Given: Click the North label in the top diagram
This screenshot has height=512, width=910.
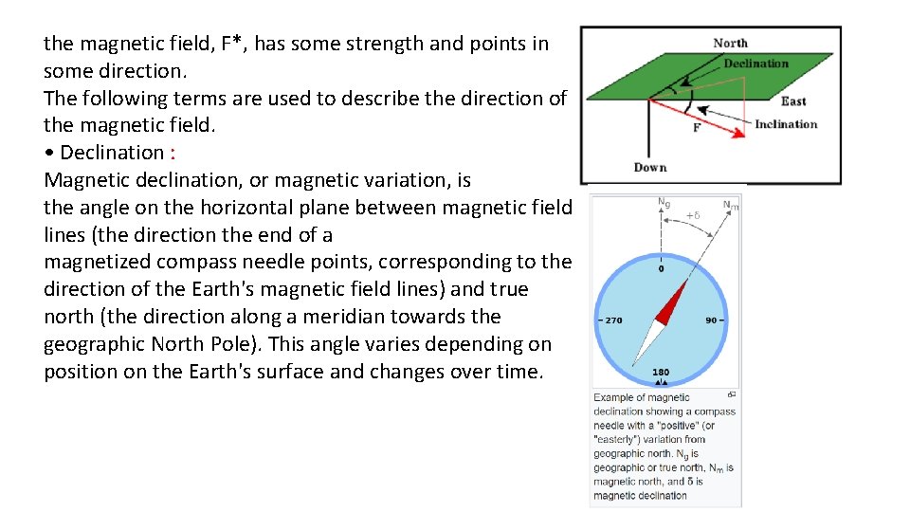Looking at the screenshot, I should [730, 43].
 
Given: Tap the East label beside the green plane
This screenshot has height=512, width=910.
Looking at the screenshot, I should [793, 101].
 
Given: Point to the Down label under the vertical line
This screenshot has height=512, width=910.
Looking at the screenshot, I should [650, 168].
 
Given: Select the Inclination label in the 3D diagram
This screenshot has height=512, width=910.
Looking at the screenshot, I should [786, 124].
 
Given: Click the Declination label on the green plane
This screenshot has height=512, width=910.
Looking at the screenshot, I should [755, 64].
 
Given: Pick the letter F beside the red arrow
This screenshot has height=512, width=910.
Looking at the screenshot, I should [697, 127].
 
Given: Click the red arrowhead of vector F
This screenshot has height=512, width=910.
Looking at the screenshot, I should [738, 133].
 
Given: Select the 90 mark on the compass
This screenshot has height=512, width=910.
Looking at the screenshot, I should [711, 320].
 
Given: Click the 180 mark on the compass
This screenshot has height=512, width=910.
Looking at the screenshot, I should [661, 372].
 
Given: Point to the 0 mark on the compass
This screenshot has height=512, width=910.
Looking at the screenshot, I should [661, 268].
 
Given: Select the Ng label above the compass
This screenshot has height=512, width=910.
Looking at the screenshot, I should [664, 202].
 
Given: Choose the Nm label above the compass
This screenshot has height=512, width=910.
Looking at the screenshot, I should [730, 204].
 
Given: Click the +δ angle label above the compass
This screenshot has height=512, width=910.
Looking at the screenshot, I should [692, 215].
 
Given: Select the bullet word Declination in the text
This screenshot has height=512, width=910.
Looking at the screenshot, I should [111, 153].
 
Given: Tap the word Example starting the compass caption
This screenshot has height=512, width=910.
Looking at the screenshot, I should [614, 398].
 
